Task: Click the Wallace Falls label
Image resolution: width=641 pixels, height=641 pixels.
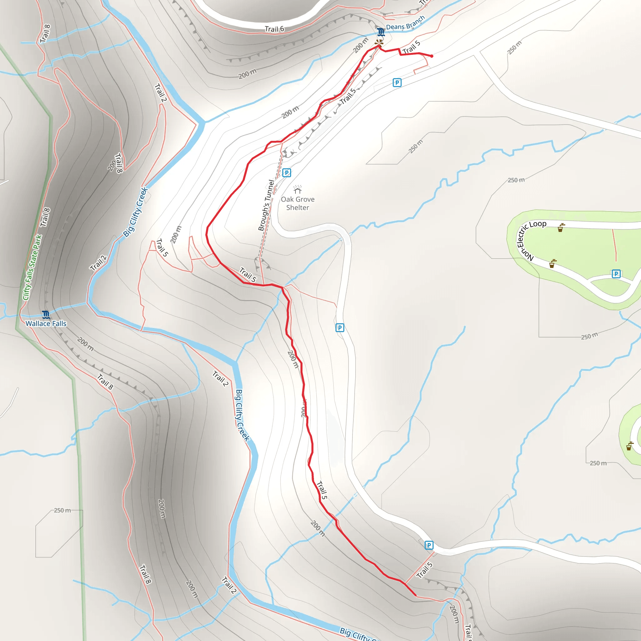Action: point(46,324)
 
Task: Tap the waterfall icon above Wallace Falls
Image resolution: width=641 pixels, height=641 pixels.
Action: point(46,314)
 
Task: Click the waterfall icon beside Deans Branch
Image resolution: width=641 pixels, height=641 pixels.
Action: point(381,32)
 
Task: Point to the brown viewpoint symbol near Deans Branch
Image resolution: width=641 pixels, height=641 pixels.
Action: point(379,43)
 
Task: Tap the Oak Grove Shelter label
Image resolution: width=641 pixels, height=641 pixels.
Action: point(298,203)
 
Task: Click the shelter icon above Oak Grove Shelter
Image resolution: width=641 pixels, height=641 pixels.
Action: point(298,189)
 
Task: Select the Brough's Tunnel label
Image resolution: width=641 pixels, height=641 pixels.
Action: point(266,205)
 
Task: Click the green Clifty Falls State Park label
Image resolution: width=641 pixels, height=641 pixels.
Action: point(33,267)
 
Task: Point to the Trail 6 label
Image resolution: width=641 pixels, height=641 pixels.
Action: point(274,29)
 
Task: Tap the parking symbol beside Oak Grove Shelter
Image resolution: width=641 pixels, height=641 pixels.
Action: point(287,173)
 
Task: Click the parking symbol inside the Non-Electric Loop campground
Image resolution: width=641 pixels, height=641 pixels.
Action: point(616,274)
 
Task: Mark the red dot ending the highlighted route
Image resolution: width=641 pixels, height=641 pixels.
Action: point(432,56)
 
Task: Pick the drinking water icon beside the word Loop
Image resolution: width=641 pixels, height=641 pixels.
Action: point(560,228)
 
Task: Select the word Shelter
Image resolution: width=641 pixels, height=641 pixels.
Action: point(298,208)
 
